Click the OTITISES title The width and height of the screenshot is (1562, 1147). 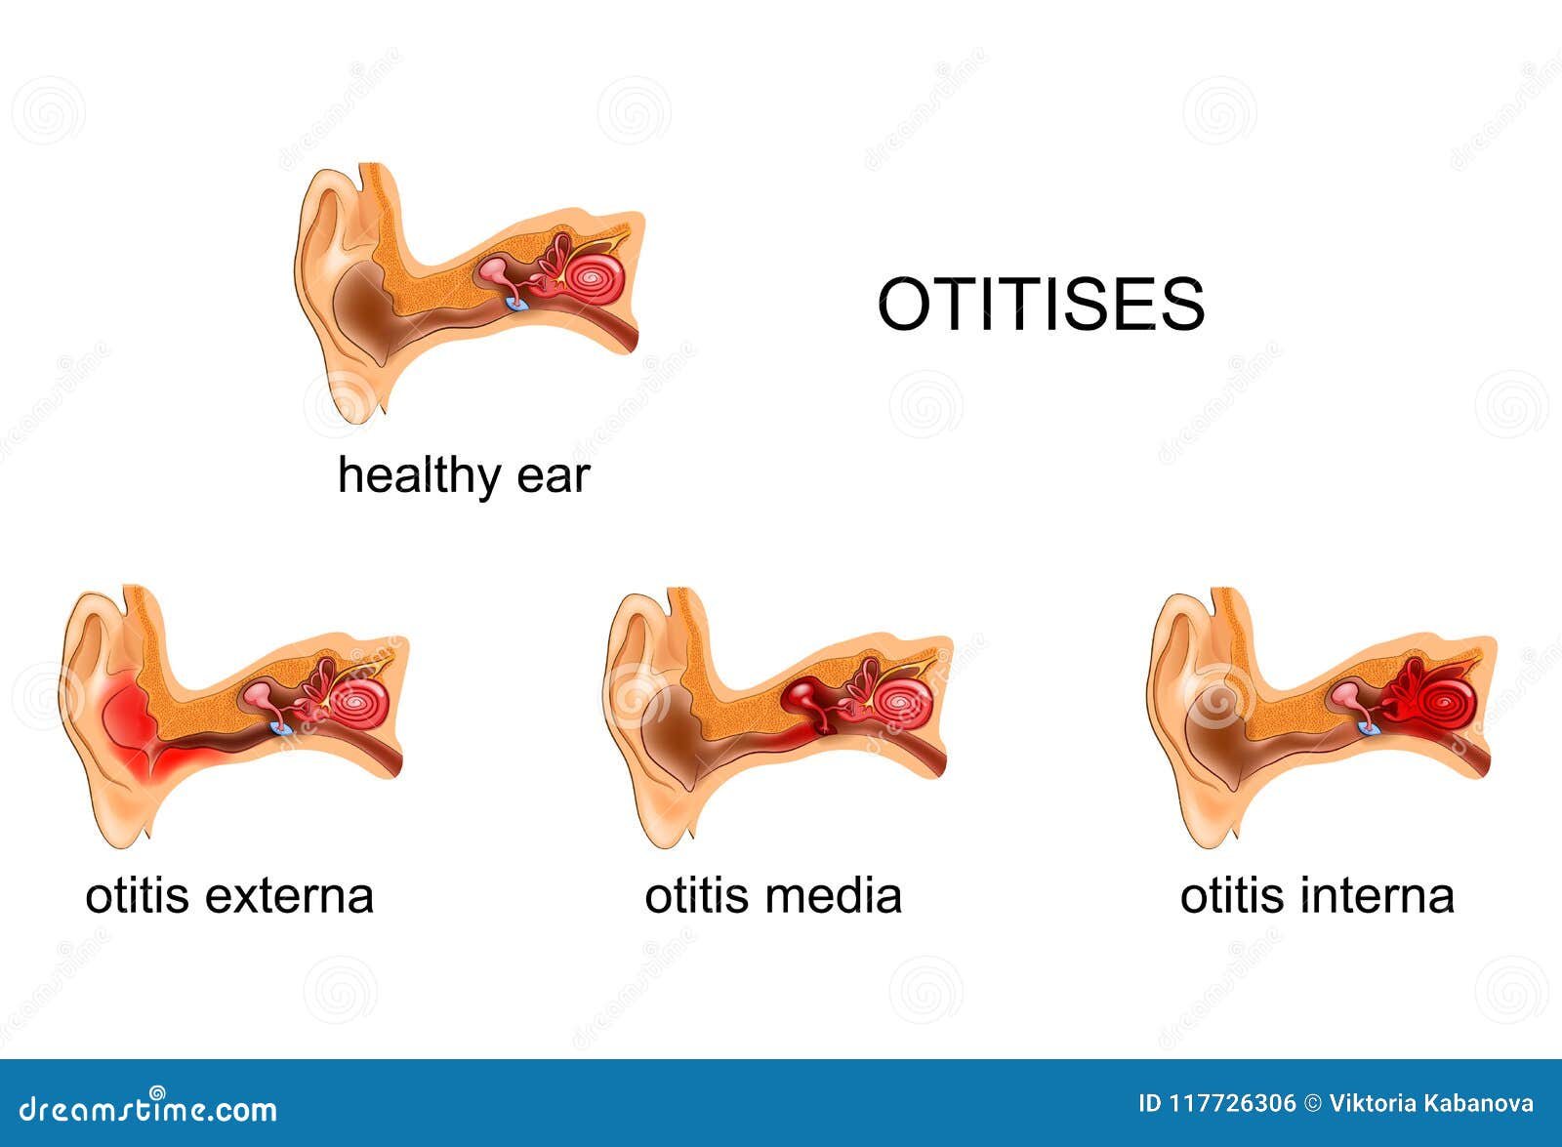click(1041, 304)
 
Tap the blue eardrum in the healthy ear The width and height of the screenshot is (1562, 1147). click(518, 305)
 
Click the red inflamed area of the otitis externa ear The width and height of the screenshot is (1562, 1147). click(132, 732)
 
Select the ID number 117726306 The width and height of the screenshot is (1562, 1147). click(1232, 1104)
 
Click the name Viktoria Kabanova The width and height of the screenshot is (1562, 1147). click(1431, 1104)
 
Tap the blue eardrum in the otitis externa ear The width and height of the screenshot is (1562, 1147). click(281, 728)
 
